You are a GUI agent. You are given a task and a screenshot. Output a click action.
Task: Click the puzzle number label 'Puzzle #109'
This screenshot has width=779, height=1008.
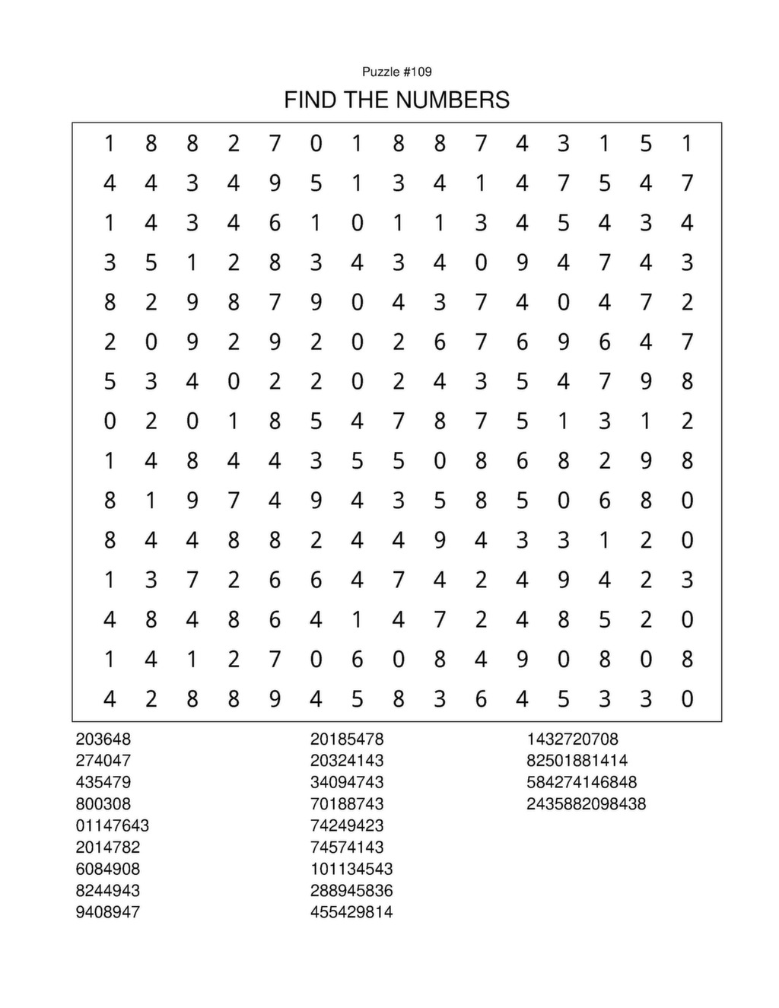(396, 72)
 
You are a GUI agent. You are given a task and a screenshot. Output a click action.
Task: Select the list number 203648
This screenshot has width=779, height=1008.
(103, 739)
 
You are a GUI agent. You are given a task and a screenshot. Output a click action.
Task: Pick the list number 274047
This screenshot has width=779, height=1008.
(103, 760)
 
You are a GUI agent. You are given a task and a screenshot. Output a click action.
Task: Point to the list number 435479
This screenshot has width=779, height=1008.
(103, 782)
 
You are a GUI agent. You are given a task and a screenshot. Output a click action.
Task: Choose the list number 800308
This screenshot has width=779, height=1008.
(103, 803)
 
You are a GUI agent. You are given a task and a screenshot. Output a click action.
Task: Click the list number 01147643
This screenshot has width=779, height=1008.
(112, 825)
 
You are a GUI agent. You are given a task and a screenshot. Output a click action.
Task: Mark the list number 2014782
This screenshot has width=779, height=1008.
(107, 847)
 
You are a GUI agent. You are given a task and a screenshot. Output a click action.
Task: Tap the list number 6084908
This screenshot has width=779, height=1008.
(107, 869)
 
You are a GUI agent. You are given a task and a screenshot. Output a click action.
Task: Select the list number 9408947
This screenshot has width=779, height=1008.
(107, 911)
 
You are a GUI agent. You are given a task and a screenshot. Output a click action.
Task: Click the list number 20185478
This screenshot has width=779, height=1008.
(346, 739)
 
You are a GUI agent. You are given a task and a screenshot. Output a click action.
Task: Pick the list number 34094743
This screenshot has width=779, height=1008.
(346, 782)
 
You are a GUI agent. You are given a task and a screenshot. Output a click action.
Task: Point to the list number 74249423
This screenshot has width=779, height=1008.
(346, 825)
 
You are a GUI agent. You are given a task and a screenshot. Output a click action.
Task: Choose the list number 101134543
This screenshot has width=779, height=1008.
(351, 869)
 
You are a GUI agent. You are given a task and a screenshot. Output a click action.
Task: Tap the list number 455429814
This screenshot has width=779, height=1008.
(351, 911)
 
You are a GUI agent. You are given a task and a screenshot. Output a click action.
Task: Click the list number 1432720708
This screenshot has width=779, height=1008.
(572, 739)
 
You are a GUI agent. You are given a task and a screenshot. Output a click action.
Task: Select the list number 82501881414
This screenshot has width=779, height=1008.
(577, 760)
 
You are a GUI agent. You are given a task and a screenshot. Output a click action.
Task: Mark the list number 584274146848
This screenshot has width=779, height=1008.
(581, 782)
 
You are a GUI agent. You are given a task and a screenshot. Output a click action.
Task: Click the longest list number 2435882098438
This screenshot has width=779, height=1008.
(586, 803)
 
